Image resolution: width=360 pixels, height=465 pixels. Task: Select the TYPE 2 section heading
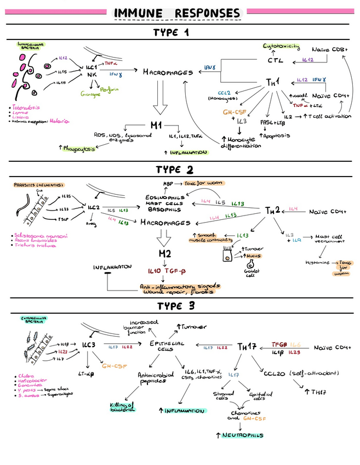(x=178, y=169)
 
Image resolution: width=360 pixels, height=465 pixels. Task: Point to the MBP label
(x=169, y=183)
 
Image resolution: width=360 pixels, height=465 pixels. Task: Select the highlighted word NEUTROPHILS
(x=240, y=435)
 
